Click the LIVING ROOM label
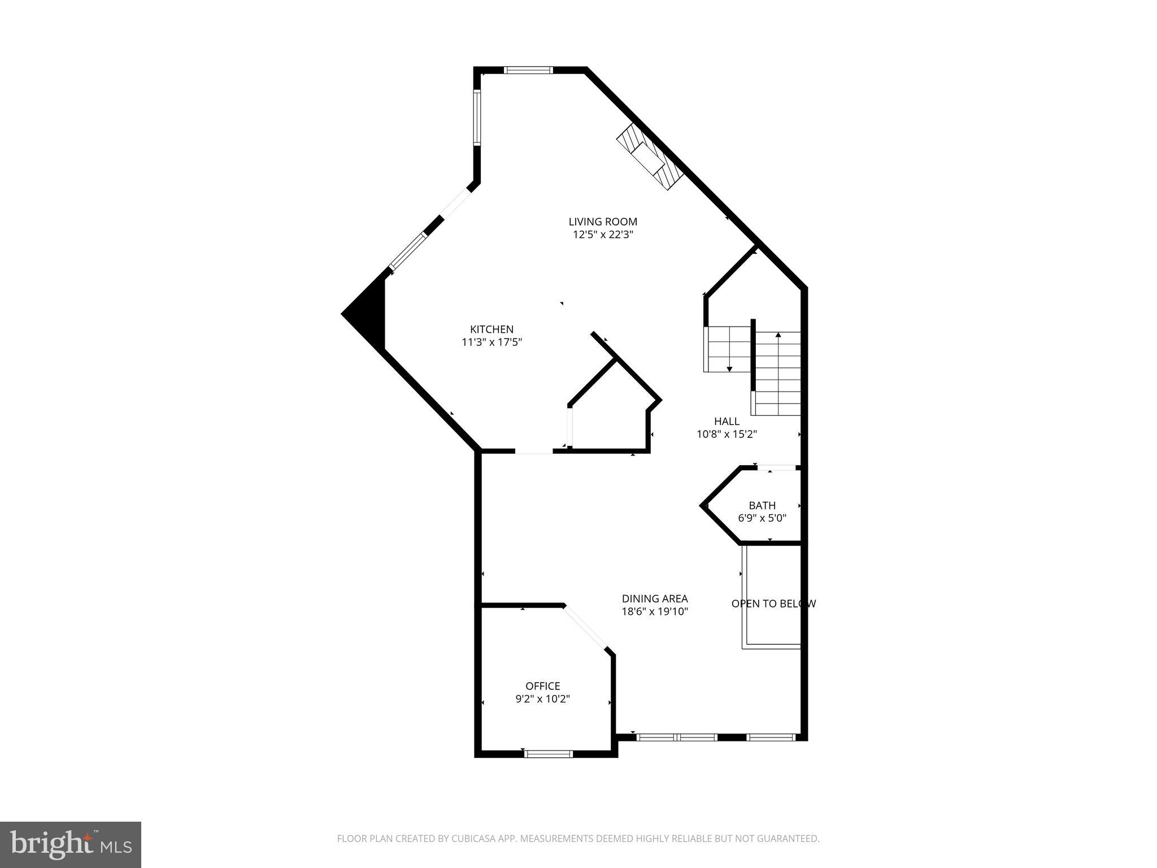[602, 222]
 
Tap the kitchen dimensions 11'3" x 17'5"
[491, 342]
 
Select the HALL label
[727, 421]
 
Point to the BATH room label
[762, 505]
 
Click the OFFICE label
[542, 685]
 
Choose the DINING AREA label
[655, 598]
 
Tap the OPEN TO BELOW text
[773, 604]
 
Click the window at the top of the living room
[528, 70]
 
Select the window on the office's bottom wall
[548, 753]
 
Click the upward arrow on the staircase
[778, 336]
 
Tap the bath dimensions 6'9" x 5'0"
[762, 518]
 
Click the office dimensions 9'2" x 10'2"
[542, 699]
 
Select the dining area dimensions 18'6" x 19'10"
[655, 611]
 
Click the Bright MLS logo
[70, 844]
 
